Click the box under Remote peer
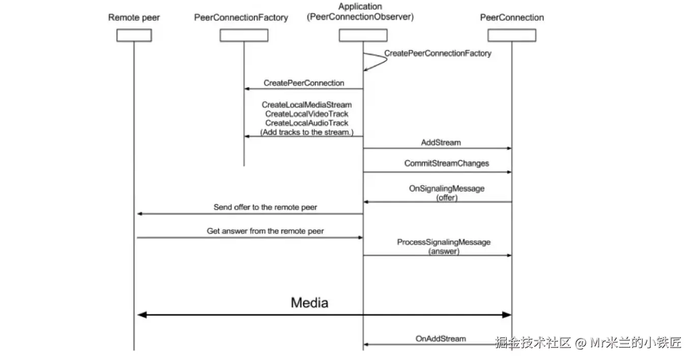[134, 35]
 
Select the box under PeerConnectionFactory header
[244, 35]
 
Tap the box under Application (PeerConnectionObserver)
[363, 35]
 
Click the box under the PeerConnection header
[511, 35]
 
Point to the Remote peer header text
[134, 18]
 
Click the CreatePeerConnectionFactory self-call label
[438, 53]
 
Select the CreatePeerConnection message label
[304, 83]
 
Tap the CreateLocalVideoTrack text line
[307, 114]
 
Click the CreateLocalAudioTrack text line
[307, 123]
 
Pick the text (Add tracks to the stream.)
[307, 132]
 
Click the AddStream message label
[441, 143]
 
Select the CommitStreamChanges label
[446, 164]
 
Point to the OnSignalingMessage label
[447, 189]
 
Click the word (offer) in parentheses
[447, 198]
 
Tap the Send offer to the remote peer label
[265, 207]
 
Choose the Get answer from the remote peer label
[265, 231]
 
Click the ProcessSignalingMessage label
[444, 242]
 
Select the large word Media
[309, 303]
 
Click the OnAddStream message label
[441, 338]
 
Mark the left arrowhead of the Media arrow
[142, 315]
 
